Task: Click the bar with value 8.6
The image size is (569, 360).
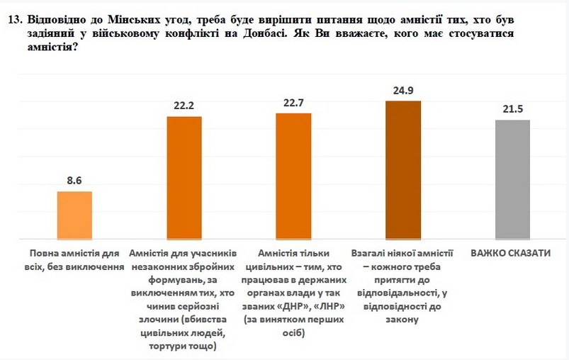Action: (74, 215)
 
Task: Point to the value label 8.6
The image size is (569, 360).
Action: (74, 181)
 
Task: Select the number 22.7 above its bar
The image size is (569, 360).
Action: (293, 103)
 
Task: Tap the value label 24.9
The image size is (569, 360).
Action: (403, 91)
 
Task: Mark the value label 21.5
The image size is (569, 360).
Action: (512, 110)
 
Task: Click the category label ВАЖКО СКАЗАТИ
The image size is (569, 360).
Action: (512, 253)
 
